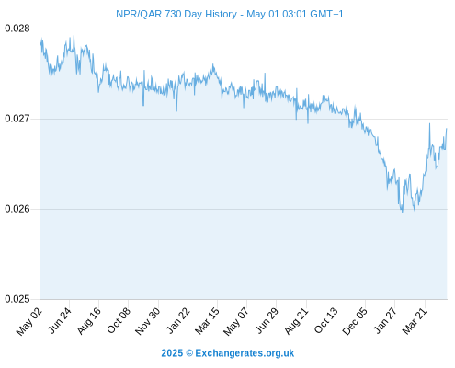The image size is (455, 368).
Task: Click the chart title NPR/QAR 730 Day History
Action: [x=176, y=14]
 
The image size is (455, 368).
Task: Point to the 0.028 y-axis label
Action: [x=17, y=29]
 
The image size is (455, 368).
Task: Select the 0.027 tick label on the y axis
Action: [x=17, y=119]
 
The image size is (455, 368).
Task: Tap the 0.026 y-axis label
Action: [x=17, y=209]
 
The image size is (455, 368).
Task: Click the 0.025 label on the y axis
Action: [x=17, y=299]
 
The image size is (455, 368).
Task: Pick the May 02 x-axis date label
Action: [x=29, y=321]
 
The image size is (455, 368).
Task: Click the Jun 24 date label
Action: [x=60, y=320]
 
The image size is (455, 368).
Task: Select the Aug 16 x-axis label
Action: [x=89, y=321]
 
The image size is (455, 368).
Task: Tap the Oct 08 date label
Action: [x=119, y=320]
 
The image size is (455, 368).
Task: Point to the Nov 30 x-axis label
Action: [x=148, y=321]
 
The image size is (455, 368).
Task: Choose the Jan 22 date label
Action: [x=178, y=320]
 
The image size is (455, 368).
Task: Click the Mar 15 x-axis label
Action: [x=208, y=321]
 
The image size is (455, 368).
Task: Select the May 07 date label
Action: [x=236, y=321]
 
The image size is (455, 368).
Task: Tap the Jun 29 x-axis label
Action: [x=267, y=320]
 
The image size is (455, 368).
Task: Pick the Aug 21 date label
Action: [x=296, y=321]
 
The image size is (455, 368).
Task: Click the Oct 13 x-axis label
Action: [x=326, y=320]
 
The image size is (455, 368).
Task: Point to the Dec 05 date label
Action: [x=355, y=321]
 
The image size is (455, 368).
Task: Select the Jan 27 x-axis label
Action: [x=385, y=320]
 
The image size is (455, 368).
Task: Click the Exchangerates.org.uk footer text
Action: [x=245, y=353]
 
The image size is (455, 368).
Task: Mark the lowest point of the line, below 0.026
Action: [x=403, y=212]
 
